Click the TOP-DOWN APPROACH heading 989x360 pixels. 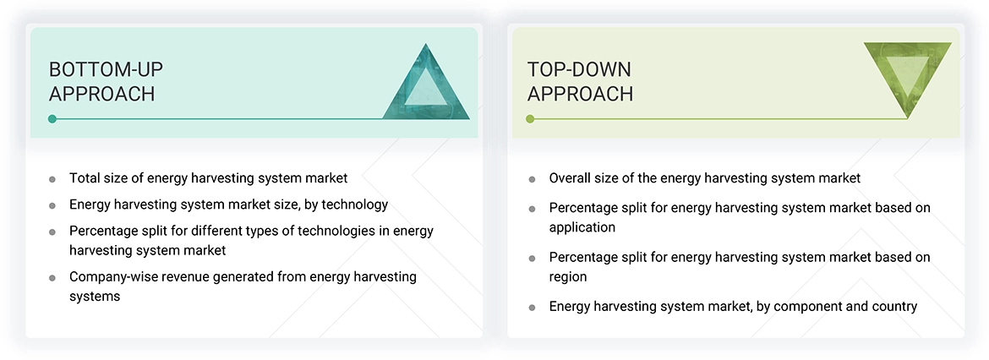click(580, 81)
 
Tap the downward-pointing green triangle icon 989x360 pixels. click(907, 76)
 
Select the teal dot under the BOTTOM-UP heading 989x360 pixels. click(52, 119)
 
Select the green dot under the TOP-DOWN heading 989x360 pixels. click(530, 119)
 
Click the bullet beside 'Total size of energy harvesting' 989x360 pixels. click(52, 179)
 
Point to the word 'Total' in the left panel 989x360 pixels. click(85, 178)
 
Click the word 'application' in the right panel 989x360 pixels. click(582, 227)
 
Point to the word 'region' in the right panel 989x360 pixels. click(568, 276)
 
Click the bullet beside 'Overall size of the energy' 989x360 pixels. click(532, 179)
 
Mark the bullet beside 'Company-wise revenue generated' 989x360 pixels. click(52, 277)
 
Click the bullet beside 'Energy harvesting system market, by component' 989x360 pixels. click(532, 308)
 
